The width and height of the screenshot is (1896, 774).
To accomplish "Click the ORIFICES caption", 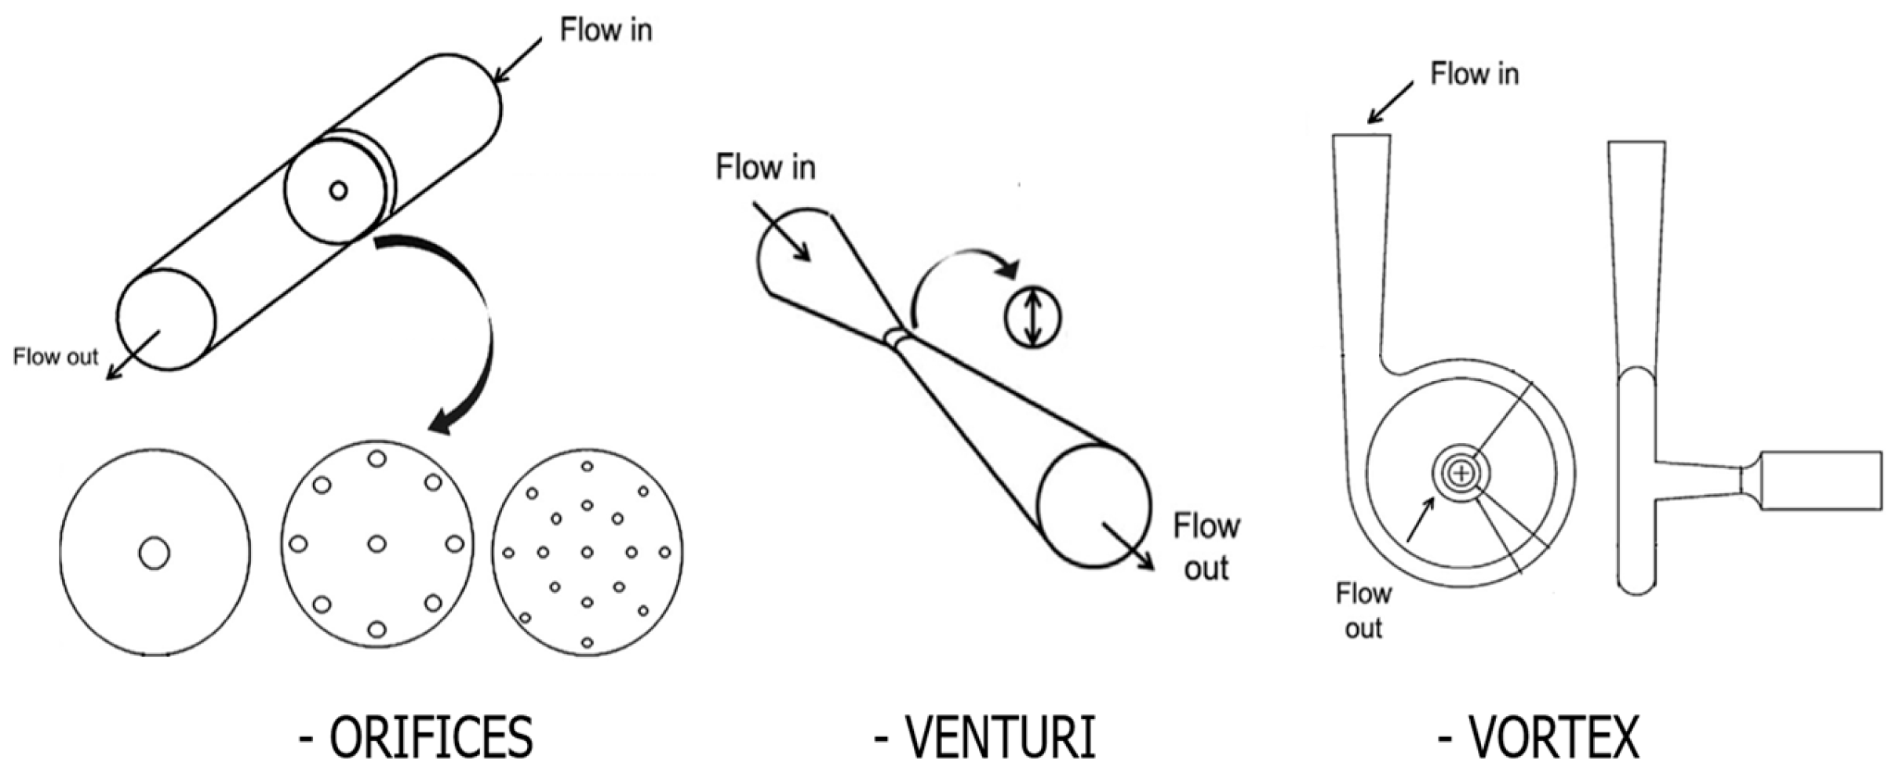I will pyautogui.click(x=416, y=737).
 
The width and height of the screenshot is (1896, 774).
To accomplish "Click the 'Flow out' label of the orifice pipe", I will pyautogui.click(x=56, y=357).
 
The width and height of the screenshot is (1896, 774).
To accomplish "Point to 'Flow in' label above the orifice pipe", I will pyautogui.click(x=606, y=30).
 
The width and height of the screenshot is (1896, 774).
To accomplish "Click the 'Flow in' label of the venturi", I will pyautogui.click(x=765, y=167).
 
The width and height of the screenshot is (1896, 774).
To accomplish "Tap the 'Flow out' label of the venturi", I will pyautogui.click(x=1206, y=547).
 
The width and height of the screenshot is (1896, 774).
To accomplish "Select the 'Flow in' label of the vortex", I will pyautogui.click(x=1474, y=74).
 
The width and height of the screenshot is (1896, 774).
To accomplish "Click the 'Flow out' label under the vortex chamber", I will pyautogui.click(x=1363, y=610).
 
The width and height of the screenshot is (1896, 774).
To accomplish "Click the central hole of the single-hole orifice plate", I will pyautogui.click(x=155, y=553).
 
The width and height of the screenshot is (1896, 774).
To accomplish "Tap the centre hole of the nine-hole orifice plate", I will pyautogui.click(x=377, y=543).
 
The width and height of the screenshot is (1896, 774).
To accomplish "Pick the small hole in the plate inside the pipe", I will pyautogui.click(x=338, y=190).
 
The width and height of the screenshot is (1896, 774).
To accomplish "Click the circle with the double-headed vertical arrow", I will pyautogui.click(x=1032, y=318).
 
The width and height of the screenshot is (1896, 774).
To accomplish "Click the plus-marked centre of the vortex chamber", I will pyautogui.click(x=1461, y=473).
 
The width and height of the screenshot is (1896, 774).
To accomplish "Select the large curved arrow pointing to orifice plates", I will pyautogui.click(x=471, y=337).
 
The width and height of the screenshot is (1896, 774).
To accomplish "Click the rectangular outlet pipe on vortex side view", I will pyautogui.click(x=1820, y=480).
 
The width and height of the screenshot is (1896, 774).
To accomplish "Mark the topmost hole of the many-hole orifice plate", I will pyautogui.click(x=587, y=466).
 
